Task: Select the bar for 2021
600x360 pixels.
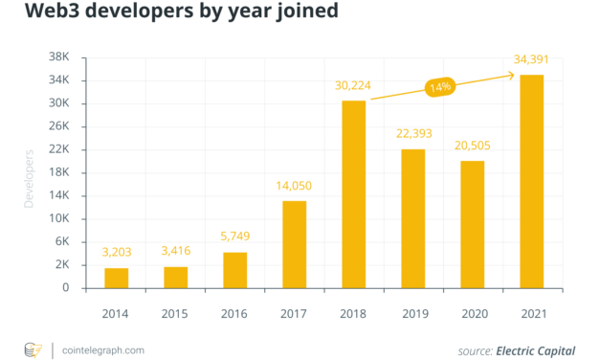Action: (x=531, y=181)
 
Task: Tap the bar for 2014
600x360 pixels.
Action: (x=117, y=278)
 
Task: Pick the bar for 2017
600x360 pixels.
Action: (x=295, y=244)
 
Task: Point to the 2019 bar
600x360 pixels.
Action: (x=413, y=218)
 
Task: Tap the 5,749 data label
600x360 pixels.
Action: (x=235, y=236)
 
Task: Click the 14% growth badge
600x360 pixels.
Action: (x=439, y=87)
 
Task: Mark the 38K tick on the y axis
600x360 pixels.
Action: (x=58, y=57)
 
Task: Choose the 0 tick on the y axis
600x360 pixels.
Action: (x=66, y=287)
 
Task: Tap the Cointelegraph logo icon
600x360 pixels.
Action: (x=32, y=349)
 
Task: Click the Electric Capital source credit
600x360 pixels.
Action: (x=536, y=350)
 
